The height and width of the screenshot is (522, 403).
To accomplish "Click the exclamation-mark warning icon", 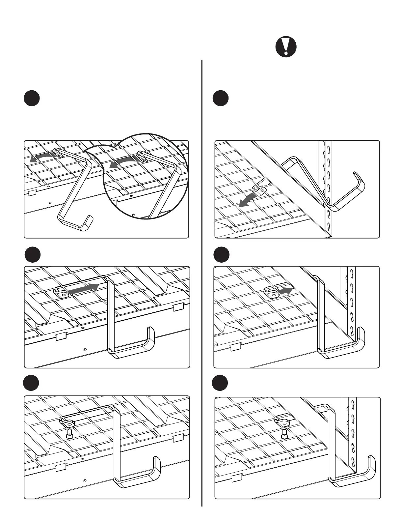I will click(x=286, y=47).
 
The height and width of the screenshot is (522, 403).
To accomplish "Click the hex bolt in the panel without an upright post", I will click(x=69, y=433).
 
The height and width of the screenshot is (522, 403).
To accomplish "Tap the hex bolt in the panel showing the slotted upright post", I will click(x=284, y=435).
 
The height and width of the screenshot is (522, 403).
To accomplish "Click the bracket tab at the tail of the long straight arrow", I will click(x=61, y=293).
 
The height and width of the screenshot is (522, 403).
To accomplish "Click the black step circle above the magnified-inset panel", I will click(x=32, y=98).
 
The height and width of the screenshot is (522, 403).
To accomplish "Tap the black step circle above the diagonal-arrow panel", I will click(x=220, y=98).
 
